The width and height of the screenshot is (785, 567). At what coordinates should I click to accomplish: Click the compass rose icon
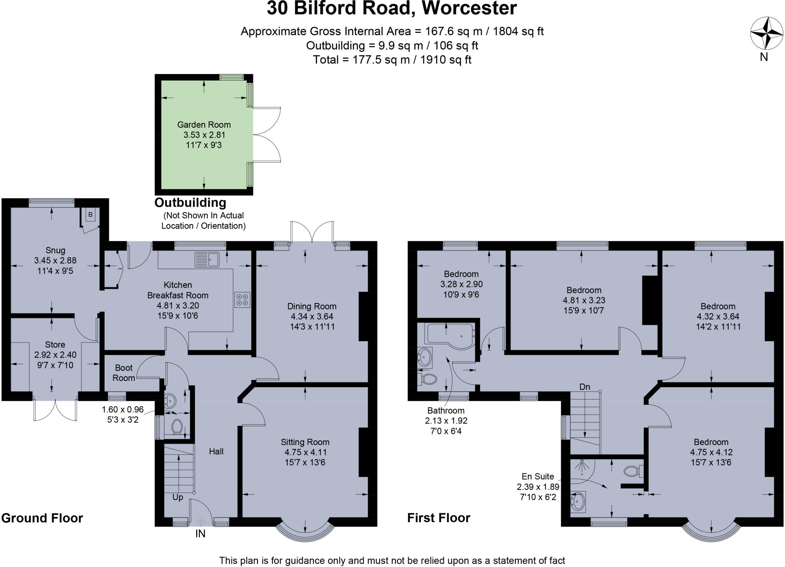766,33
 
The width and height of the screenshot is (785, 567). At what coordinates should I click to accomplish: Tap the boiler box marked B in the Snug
90,214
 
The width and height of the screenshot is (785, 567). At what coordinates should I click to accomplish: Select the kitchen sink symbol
207,259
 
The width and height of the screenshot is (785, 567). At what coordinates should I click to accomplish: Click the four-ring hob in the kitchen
242,299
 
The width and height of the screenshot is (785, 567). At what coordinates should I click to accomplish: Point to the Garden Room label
204,125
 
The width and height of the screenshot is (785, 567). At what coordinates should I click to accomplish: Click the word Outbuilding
190,203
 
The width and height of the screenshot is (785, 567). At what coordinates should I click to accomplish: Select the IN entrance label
200,534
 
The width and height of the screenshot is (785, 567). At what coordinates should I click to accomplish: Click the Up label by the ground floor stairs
177,497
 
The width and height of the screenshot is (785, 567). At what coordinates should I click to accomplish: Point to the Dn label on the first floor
585,387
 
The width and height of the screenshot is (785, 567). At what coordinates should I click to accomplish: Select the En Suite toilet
632,471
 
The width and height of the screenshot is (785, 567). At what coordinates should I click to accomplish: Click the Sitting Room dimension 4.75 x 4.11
305,452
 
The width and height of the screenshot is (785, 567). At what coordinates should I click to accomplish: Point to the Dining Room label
312,306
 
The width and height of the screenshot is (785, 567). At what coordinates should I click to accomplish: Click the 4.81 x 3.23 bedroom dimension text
584,300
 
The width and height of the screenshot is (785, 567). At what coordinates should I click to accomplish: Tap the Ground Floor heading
42,518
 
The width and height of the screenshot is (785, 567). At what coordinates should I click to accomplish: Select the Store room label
55,344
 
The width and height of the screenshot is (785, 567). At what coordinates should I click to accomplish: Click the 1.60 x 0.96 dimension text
123,410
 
